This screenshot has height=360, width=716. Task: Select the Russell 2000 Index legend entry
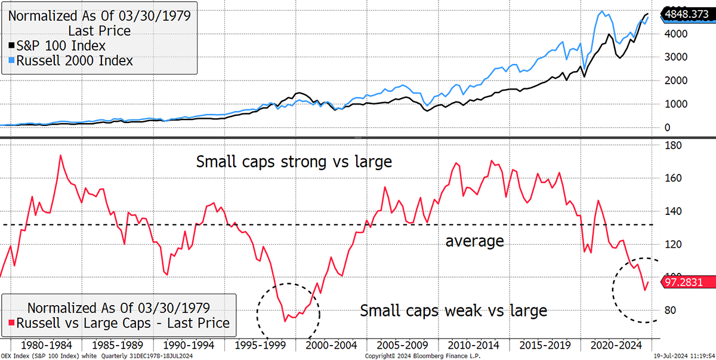tap(70, 60)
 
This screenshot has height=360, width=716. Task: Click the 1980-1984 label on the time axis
tap(45, 346)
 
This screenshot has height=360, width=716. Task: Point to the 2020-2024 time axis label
tap(614, 346)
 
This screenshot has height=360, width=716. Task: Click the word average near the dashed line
tap(475, 241)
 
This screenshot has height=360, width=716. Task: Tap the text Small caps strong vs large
tap(294, 161)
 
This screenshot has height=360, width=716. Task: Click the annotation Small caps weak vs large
tap(453, 310)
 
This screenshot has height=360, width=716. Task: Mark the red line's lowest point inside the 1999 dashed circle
tap(285, 321)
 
